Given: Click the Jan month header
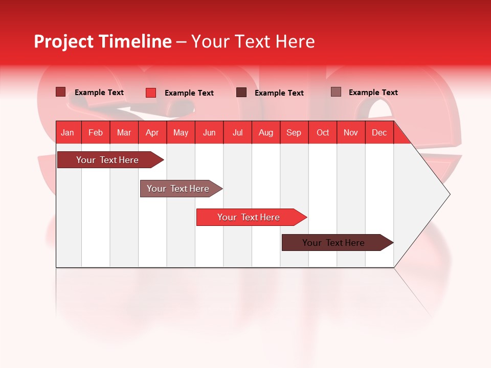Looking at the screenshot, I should point(68,132).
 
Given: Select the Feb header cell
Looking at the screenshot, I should point(96,132).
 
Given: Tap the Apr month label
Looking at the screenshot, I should point(152,132).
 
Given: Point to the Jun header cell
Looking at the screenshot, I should point(209,132).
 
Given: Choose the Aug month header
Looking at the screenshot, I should point(265,132).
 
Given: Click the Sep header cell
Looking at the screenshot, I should point(294,132).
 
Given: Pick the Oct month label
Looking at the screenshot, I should point(323,132).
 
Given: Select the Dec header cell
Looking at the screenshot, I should point(379,132).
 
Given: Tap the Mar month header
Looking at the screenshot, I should point(124,132).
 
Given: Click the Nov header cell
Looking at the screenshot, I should point(350,132).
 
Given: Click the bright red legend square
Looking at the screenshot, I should point(151,93).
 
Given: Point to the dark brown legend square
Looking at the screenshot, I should point(241,93).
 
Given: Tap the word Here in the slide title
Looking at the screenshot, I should point(295,41).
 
